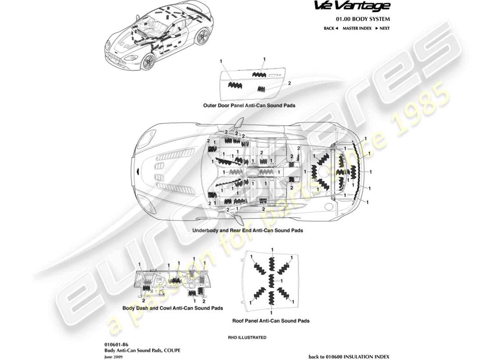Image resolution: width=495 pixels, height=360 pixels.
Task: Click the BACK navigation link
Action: [x=331, y=28]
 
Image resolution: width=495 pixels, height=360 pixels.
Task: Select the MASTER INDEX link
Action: [x=357, y=28]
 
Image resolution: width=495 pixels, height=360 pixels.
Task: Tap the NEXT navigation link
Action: [x=382, y=28]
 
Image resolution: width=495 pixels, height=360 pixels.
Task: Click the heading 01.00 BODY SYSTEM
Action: [x=363, y=19]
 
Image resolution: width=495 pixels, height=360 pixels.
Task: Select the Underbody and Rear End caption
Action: [x=247, y=230]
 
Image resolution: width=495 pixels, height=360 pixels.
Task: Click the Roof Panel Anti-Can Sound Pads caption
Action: [x=270, y=321]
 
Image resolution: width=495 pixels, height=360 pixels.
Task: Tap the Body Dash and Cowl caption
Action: [x=173, y=308]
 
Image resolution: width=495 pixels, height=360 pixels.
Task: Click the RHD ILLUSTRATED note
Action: [x=247, y=337]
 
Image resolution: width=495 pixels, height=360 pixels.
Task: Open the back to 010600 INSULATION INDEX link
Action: [x=349, y=356]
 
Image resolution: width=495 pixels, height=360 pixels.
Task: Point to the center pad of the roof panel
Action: [x=271, y=281]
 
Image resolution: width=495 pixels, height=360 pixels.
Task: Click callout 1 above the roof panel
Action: [x=272, y=249]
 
